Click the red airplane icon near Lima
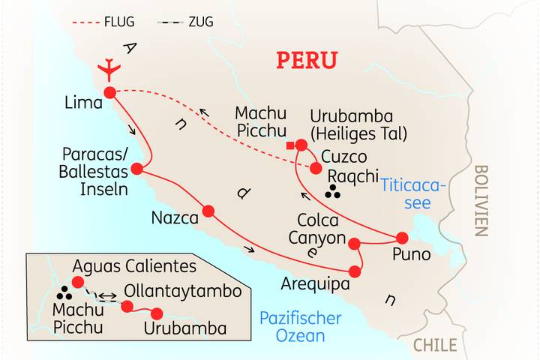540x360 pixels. (x=109, y=68)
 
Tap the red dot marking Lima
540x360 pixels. (x=109, y=92)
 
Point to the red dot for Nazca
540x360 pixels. (x=208, y=211)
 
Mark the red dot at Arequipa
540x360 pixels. (x=355, y=271)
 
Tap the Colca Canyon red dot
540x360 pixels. (x=355, y=242)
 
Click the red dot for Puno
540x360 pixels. (x=402, y=238)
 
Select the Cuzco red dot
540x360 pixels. (x=316, y=168)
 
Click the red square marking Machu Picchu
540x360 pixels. (x=289, y=145)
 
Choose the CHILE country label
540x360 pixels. (x=435, y=345)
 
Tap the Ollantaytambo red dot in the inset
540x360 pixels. (x=127, y=306)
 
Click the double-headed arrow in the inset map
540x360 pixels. (x=108, y=296)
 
